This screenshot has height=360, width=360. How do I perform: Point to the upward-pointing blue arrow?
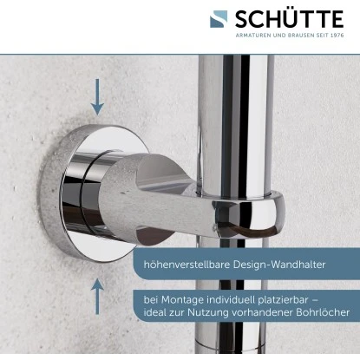click(98, 294)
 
